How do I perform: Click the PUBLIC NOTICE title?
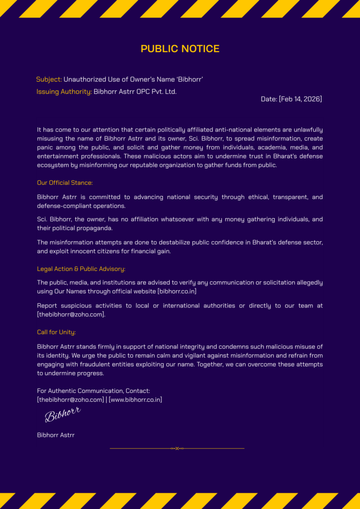point(180,49)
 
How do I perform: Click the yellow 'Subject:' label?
point(49,79)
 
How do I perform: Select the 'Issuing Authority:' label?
point(64,91)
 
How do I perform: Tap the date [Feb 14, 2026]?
point(291,99)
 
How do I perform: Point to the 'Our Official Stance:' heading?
point(65,183)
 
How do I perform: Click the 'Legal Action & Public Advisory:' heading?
point(81,269)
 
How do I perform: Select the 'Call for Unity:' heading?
point(56,332)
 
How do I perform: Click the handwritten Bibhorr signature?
point(63,414)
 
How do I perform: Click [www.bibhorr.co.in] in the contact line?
point(135,400)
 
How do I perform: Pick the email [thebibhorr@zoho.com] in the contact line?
point(70,400)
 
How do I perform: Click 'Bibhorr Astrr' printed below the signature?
point(56,435)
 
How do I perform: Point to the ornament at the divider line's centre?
point(177,449)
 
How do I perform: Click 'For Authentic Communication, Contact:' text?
point(93,391)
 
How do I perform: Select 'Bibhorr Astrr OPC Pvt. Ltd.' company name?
point(135,91)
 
